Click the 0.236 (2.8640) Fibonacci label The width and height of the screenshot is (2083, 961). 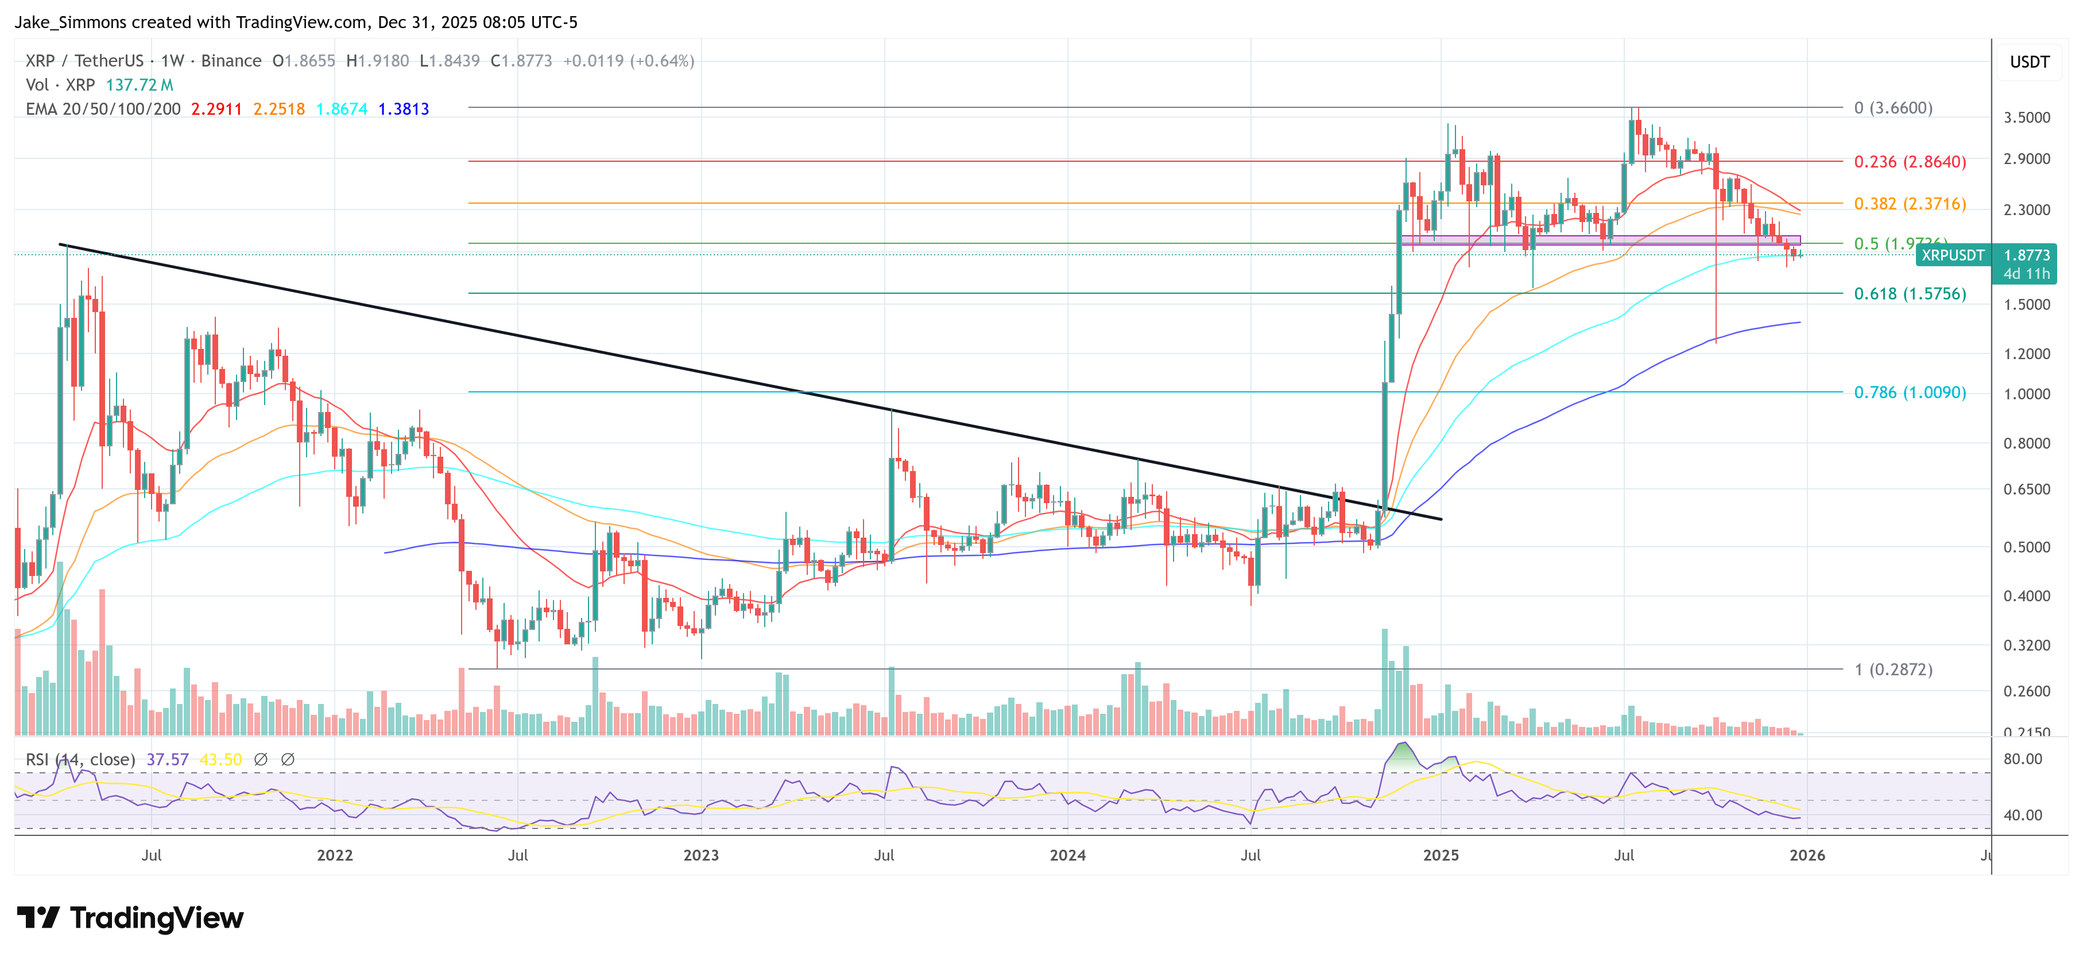[1909, 162]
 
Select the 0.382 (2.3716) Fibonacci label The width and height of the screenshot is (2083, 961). [1909, 204]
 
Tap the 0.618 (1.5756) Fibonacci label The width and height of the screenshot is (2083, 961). [1909, 293]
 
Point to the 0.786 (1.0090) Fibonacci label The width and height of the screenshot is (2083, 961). [1909, 392]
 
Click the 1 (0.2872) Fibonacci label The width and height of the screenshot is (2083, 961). [1893, 669]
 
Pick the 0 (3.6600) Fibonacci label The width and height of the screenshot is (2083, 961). [1893, 107]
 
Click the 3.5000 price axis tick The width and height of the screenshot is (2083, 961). [2026, 117]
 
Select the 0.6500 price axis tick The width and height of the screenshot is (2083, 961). [2026, 489]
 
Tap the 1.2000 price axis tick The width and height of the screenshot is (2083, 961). [2026, 353]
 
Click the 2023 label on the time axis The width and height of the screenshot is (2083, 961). [700, 855]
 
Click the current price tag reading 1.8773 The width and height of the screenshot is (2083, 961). [2026, 255]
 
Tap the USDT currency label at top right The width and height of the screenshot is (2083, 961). [2029, 62]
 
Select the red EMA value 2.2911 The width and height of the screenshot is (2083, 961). [216, 109]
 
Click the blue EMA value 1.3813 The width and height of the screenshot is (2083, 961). [404, 109]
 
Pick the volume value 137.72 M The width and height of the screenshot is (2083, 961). [139, 85]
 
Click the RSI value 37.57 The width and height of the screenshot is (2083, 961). [168, 760]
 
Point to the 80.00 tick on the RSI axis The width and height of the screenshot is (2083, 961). [2022, 759]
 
